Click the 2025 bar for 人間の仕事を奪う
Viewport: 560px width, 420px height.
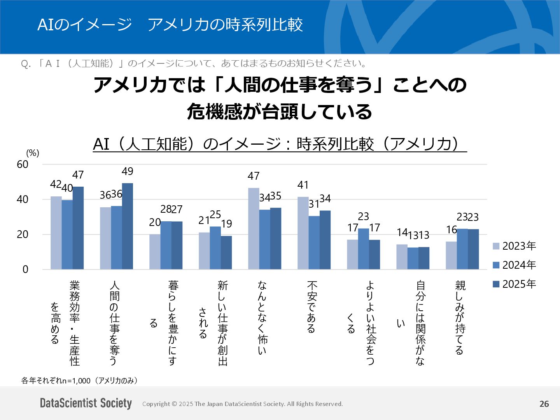click(128, 226)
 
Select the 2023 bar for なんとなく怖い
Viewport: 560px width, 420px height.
click(254, 229)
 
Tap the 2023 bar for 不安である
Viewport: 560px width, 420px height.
click(303, 233)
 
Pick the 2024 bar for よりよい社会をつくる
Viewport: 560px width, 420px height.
click(363, 249)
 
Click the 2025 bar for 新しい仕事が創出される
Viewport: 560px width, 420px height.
click(226, 253)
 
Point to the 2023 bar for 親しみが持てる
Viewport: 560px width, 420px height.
click(451, 255)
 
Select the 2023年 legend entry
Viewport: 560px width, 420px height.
click(514, 246)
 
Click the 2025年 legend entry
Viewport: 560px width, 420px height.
click(514, 284)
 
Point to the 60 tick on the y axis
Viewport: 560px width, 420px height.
click(23, 164)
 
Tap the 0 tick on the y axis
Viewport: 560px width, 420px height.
click(25, 269)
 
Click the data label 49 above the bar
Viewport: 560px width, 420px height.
click(128, 171)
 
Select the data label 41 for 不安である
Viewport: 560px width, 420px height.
click(303, 185)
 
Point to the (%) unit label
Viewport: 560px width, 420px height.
click(33, 153)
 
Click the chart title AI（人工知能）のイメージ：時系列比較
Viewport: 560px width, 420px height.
click(280, 144)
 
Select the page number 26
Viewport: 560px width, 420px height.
click(544, 404)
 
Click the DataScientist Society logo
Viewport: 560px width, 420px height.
click(86, 403)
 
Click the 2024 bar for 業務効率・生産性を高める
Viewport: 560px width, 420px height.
click(67, 235)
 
